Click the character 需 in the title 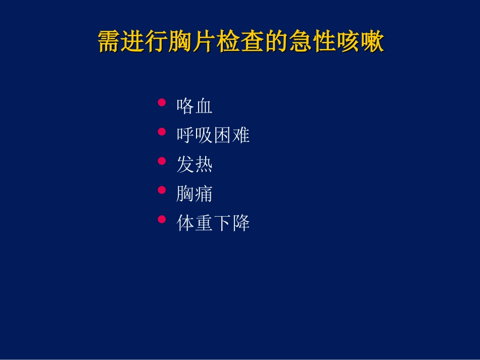pyautogui.click(x=110, y=42)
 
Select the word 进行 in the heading pyautogui.click(x=146, y=42)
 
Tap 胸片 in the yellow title pyautogui.click(x=193, y=42)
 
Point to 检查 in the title pyautogui.click(x=241, y=42)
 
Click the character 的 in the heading pyautogui.click(x=277, y=42)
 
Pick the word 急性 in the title pyautogui.click(x=312, y=42)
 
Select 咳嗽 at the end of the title pyautogui.click(x=360, y=42)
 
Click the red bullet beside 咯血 pyautogui.click(x=162, y=102)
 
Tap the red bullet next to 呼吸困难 pyautogui.click(x=162, y=132)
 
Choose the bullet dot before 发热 pyautogui.click(x=162, y=161)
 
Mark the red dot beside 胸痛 pyautogui.click(x=162, y=190)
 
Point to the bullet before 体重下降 pyautogui.click(x=162, y=220)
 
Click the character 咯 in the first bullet pyautogui.click(x=185, y=106)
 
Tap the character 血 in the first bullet pyautogui.click(x=204, y=106)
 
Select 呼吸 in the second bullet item pyautogui.click(x=195, y=135)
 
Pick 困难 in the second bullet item pyautogui.click(x=231, y=135)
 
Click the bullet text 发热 pyautogui.click(x=195, y=165)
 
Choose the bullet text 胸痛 pyautogui.click(x=195, y=194)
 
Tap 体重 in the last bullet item pyautogui.click(x=195, y=223)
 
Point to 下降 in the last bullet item pyautogui.click(x=231, y=223)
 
